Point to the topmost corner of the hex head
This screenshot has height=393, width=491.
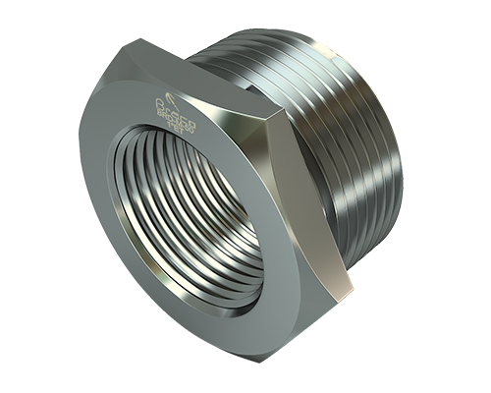click(140, 39)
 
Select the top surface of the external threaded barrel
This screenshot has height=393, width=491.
click(295, 49)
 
